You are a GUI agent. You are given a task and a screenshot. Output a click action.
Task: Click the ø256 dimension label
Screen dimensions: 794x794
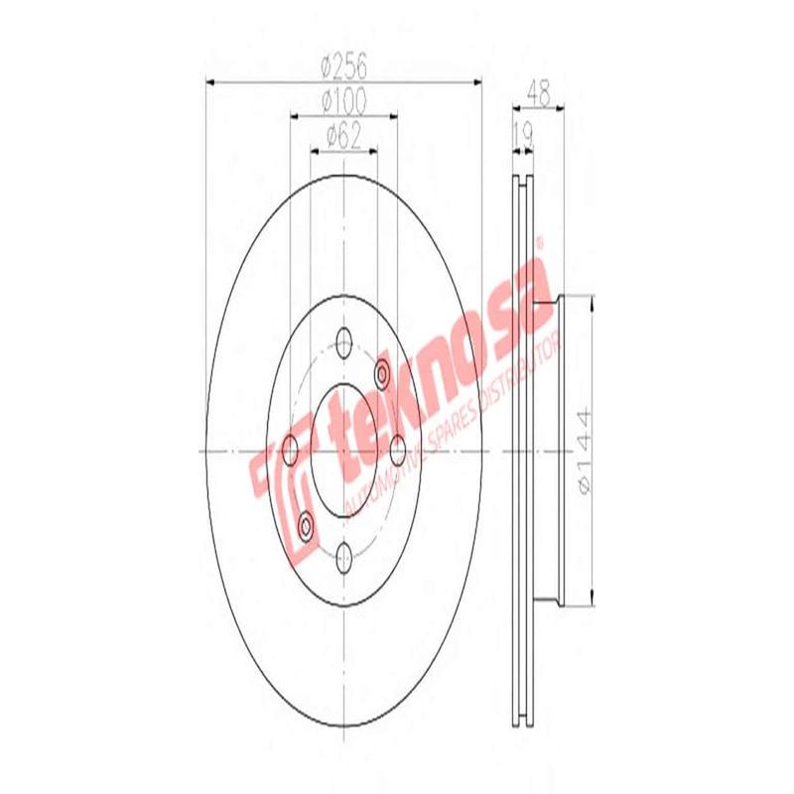tap(344, 67)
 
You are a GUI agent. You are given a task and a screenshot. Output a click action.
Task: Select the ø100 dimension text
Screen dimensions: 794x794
tap(344, 100)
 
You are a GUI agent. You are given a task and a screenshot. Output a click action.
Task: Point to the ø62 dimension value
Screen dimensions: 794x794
tap(343, 134)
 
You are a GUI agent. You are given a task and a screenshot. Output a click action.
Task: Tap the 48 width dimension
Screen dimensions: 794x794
tap(539, 93)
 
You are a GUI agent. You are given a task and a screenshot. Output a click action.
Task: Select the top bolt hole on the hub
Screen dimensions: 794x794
tap(343, 343)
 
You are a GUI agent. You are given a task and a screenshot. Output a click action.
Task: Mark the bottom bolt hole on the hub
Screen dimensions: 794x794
tap(343, 554)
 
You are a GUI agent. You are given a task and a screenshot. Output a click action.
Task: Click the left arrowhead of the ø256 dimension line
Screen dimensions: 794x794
tap(211, 80)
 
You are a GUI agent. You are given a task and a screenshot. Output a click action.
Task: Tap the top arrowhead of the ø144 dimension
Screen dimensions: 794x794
tap(593, 301)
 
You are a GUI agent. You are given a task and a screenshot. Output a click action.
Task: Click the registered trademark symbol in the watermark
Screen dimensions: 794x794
tap(541, 241)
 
